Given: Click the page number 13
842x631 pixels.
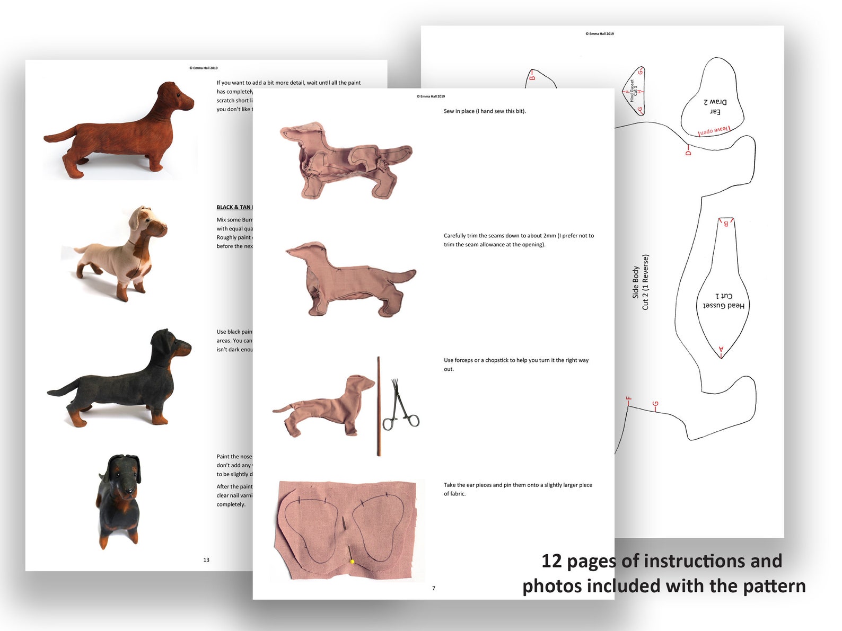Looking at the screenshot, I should (x=206, y=560).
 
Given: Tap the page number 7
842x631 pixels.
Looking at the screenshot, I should (x=434, y=588).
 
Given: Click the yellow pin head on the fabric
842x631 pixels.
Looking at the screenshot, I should (x=352, y=562).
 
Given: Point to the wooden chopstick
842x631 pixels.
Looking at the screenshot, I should (x=379, y=406).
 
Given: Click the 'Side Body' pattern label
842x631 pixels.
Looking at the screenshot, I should (x=635, y=282).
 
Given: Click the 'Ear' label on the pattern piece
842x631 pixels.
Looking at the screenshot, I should (x=715, y=112).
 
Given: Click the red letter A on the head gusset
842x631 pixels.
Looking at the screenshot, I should (x=721, y=350).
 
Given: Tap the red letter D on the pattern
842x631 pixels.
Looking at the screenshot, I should (x=688, y=153).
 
